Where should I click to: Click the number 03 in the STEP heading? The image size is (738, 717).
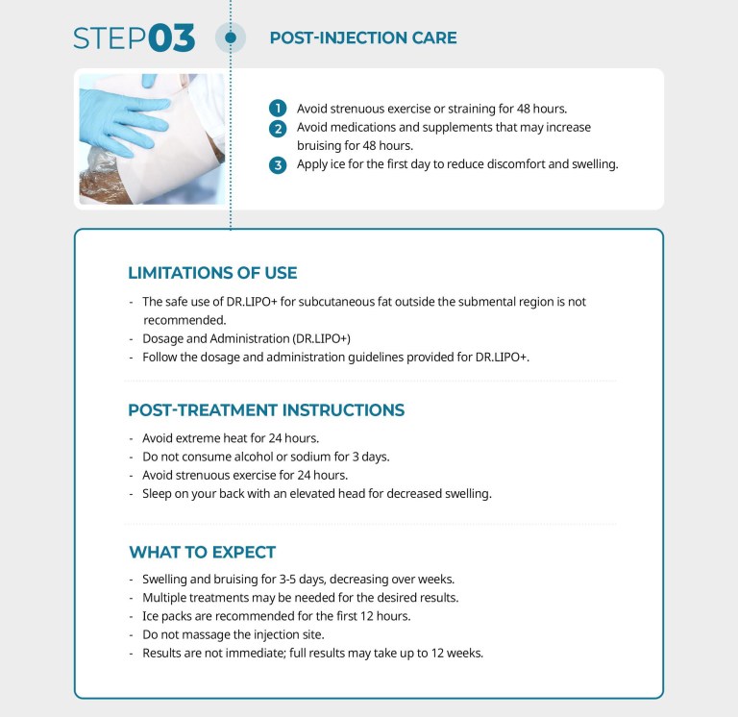[x=172, y=38]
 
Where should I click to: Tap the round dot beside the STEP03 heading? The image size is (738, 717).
[x=231, y=38]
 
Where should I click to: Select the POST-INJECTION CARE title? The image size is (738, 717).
[x=362, y=38]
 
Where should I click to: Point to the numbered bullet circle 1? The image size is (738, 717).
[x=278, y=109]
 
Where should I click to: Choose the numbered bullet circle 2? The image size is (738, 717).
[x=278, y=127]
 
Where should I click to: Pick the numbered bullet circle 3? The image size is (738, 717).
[x=278, y=164]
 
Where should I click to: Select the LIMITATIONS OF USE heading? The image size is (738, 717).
[x=212, y=273]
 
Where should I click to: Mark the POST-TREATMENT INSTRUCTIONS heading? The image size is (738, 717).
[x=266, y=410]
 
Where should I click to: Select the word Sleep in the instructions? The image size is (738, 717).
[x=159, y=494]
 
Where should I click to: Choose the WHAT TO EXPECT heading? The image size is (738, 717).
[x=202, y=553]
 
